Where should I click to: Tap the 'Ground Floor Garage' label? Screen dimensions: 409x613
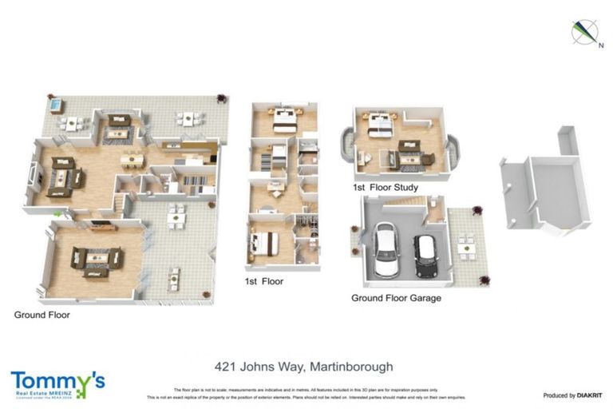click(396, 298)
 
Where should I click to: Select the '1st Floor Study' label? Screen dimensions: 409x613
click(386, 188)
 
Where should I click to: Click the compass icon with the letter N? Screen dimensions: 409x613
click(584, 33)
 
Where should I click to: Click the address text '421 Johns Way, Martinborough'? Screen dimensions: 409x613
click(304, 367)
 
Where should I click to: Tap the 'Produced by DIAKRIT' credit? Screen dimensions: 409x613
click(571, 395)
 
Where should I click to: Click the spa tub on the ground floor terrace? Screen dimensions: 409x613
click(54, 105)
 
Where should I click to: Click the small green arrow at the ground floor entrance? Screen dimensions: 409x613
click(57, 214)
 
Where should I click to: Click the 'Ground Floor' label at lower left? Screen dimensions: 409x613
click(42, 315)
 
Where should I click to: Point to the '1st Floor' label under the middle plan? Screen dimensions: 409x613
click(264, 281)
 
